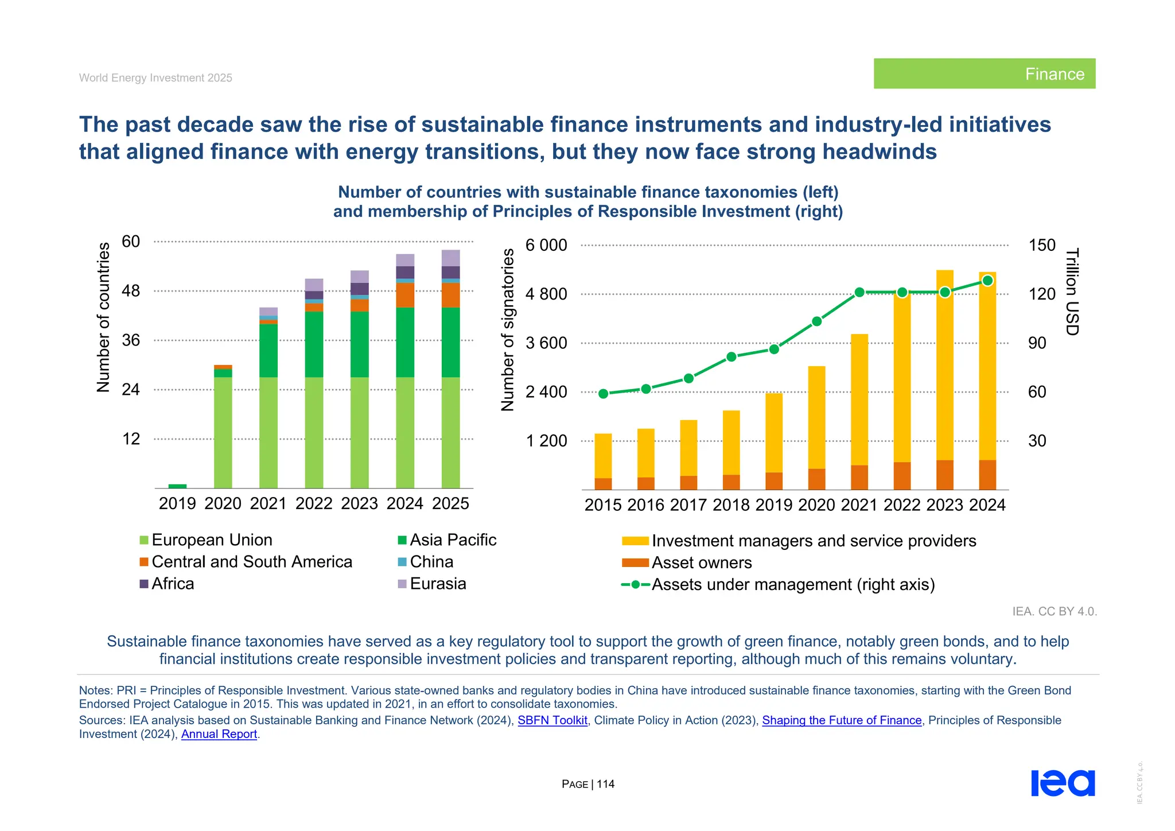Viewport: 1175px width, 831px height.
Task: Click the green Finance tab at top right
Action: [x=984, y=73]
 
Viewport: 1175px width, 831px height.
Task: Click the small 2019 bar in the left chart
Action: [x=177, y=486]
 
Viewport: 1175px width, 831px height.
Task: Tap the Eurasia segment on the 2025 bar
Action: [x=450, y=258]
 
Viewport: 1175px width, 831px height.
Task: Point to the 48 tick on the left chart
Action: [x=131, y=291]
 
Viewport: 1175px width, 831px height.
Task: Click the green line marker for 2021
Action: [x=859, y=293]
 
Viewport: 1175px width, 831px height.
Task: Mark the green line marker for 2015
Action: [x=603, y=394]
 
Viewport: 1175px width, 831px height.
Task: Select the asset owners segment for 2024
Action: [x=987, y=475]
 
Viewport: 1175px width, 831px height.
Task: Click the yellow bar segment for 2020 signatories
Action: [x=816, y=417]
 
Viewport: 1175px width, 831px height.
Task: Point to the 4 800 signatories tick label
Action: [x=546, y=294]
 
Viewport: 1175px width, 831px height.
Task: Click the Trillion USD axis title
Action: [x=1072, y=292]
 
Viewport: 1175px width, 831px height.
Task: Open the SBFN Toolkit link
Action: [x=553, y=720]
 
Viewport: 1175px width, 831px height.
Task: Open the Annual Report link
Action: [x=219, y=734]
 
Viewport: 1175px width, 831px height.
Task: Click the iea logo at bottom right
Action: [x=1063, y=783]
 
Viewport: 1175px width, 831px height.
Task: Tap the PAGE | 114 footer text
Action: [x=588, y=784]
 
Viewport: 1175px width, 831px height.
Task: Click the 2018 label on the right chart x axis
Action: [x=731, y=505]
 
